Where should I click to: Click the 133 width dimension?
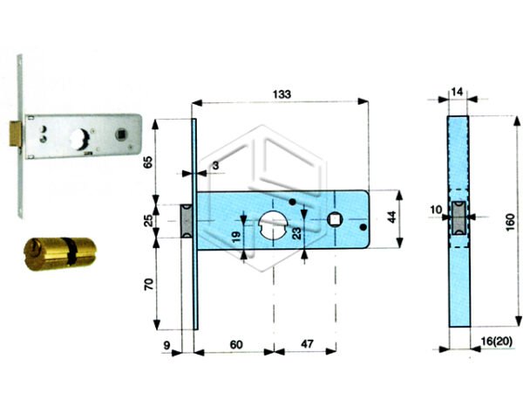(281, 93)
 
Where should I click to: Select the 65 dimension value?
(147, 162)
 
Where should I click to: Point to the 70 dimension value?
(147, 286)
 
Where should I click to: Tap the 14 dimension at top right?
(458, 91)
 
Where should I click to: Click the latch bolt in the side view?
(458, 219)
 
